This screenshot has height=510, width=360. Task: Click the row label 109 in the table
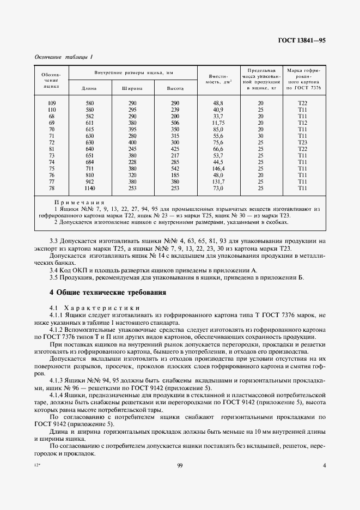click(52, 103)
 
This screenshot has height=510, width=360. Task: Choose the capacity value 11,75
click(218, 123)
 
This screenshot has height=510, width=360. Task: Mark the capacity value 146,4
click(218, 168)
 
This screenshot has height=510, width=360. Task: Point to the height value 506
click(175, 123)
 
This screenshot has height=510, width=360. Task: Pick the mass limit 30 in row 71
click(260, 136)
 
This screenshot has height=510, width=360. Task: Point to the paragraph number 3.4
click(54, 270)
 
